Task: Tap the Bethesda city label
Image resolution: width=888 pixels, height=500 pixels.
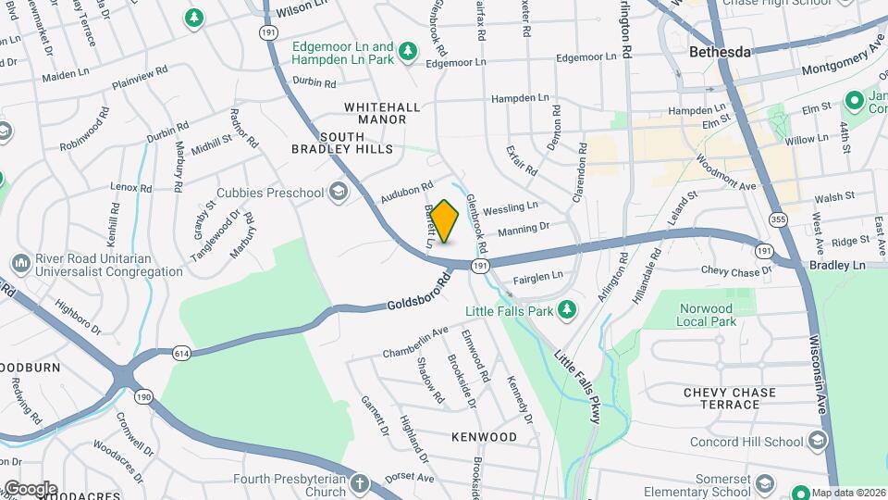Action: (x=720, y=52)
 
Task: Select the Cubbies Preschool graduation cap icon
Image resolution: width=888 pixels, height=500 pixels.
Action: (x=339, y=193)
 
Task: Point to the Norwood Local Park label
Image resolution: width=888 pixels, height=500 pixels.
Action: (x=705, y=315)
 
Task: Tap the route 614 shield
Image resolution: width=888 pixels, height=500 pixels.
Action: (x=181, y=353)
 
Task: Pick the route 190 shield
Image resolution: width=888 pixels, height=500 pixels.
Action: (x=143, y=395)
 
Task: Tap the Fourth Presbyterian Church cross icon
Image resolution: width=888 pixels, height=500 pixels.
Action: (x=359, y=484)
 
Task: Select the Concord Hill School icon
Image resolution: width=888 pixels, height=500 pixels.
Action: (x=816, y=442)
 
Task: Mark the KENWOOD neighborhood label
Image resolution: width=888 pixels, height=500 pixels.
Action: (x=484, y=436)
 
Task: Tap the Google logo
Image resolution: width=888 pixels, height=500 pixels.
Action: (x=30, y=488)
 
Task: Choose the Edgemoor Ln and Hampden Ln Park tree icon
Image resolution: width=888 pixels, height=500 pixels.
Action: (x=405, y=59)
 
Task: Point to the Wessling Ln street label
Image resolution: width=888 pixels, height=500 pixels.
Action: (x=516, y=206)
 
